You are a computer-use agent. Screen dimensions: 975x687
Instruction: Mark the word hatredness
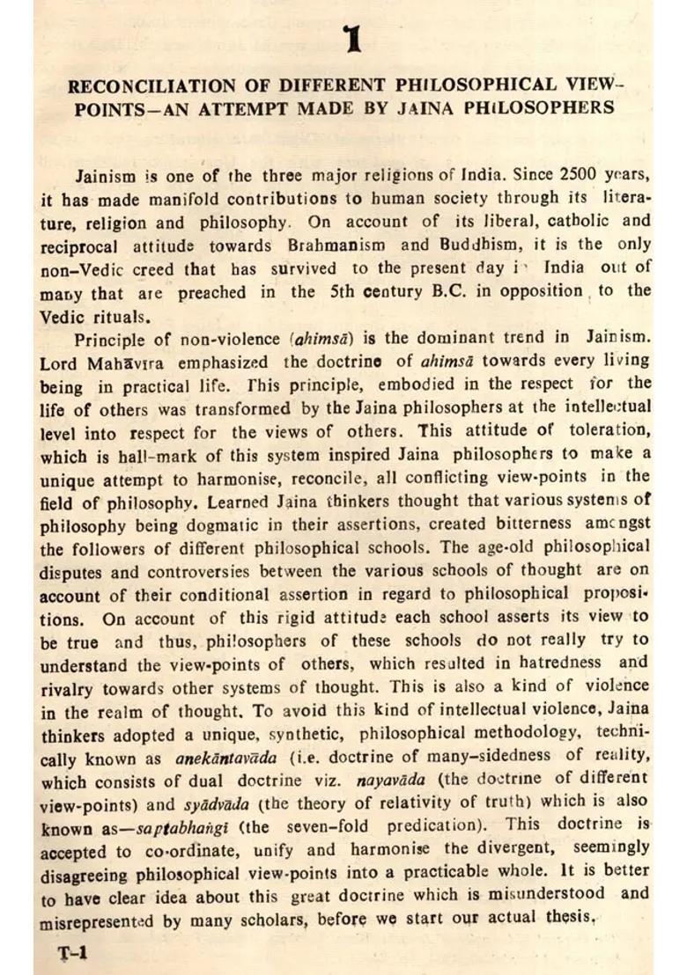(535, 663)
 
